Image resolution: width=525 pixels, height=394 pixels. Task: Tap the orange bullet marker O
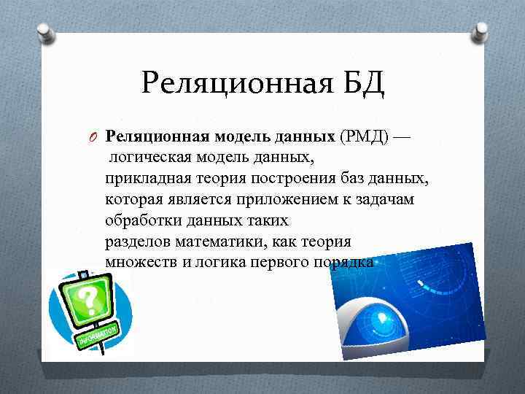pyautogui.click(x=93, y=137)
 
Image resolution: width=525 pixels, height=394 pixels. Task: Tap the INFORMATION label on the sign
pyautogui.click(x=98, y=335)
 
